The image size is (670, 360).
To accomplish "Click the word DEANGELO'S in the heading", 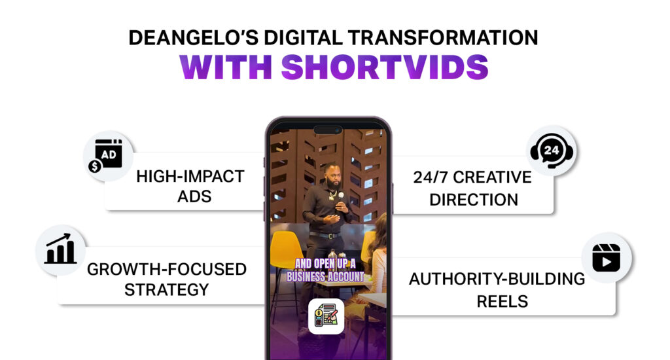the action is click(x=193, y=37).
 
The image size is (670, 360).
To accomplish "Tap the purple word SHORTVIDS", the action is click(x=385, y=67).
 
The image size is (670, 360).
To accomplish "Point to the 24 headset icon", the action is click(x=552, y=151).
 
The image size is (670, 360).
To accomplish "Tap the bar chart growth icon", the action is click(x=60, y=249).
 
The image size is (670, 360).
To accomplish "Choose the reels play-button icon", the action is click(x=607, y=258).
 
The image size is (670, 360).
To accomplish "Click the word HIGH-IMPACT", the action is click(x=190, y=177).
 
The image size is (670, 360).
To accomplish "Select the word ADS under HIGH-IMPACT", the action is click(x=194, y=196).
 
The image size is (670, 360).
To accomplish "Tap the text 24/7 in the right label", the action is click(x=430, y=177).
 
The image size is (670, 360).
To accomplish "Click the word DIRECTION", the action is click(x=474, y=200).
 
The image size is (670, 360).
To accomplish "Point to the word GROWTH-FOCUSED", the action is click(x=167, y=270).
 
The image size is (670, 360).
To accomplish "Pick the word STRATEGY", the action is click(x=167, y=290).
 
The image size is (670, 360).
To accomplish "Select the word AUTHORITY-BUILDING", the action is click(x=497, y=279).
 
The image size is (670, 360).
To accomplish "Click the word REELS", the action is click(x=502, y=302).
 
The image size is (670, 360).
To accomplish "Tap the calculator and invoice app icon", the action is click(x=326, y=316).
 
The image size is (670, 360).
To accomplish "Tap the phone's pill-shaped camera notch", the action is click(x=328, y=130).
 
